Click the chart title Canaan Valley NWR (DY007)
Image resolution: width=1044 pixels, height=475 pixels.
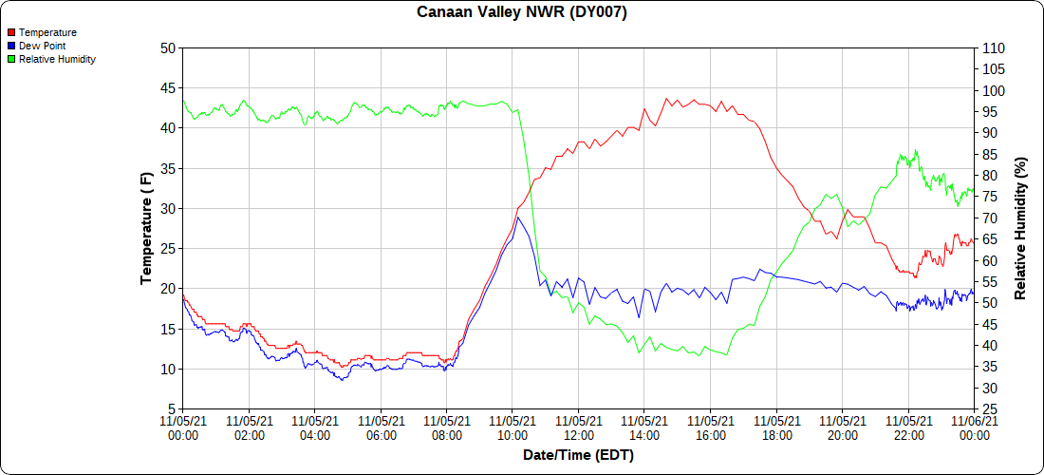tap(522, 12)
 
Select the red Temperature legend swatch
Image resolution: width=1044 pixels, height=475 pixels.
tap(10, 32)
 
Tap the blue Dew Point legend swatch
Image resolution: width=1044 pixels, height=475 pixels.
tap(10, 46)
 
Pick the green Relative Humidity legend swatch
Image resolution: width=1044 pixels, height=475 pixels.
tap(10, 59)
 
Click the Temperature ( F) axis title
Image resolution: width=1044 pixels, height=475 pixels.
tap(146, 228)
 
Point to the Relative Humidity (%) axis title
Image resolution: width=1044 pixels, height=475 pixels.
tap(1020, 228)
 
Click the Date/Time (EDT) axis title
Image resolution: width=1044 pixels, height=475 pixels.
tap(578, 455)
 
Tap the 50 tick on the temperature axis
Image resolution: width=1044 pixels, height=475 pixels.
tap(168, 47)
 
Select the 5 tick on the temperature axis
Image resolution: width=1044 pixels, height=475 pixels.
tap(172, 408)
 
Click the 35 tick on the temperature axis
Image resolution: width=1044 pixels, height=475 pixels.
tap(168, 168)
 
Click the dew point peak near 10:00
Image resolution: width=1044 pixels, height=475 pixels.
tap(517, 218)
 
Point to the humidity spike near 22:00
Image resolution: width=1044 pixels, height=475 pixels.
tap(916, 149)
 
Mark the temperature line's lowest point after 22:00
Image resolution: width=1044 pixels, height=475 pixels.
tap(916, 276)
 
